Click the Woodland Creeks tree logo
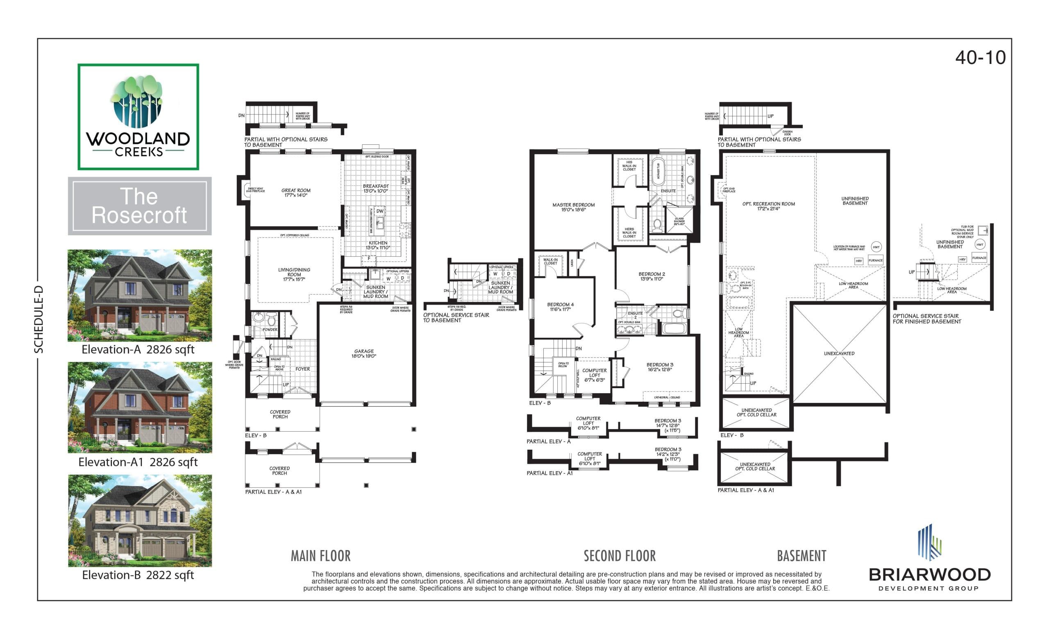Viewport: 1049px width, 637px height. [137, 101]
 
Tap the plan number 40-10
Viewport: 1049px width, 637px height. [980, 57]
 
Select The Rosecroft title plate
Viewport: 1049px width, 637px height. [139, 206]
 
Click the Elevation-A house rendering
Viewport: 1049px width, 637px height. [140, 295]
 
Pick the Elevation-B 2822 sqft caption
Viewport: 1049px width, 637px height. [138, 575]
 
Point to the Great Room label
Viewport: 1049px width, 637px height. [296, 193]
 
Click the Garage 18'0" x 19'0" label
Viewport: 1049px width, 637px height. [364, 353]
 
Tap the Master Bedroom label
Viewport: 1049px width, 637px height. [573, 207]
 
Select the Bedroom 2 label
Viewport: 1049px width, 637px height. [652, 276]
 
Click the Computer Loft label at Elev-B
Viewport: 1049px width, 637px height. [594, 375]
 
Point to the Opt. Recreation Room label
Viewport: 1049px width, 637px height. [768, 206]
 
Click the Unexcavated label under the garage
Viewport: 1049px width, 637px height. [839, 353]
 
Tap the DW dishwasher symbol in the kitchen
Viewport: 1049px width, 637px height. [380, 211]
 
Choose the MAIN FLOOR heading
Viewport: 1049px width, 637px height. [320, 556]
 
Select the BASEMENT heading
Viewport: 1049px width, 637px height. [801, 556]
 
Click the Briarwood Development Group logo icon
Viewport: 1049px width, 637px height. [929, 541]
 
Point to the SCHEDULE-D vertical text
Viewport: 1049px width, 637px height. [39, 319]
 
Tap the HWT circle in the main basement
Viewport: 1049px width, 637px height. [876, 247]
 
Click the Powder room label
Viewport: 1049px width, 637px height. [270, 330]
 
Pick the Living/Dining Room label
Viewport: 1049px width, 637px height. [294, 274]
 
